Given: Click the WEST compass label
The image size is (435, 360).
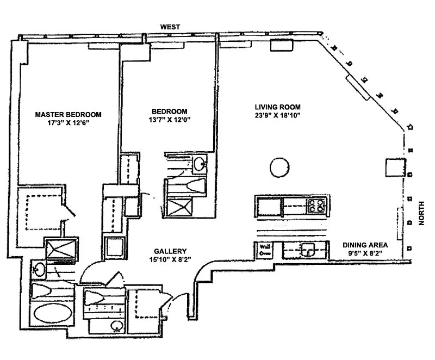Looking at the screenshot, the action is click(x=170, y=27).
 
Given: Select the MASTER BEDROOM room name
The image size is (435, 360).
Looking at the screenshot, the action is click(x=69, y=115).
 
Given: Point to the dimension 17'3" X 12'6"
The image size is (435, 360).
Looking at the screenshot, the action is click(x=69, y=123).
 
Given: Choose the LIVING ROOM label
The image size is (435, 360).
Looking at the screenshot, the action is click(x=278, y=107).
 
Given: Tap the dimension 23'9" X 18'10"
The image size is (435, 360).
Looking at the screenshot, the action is click(x=278, y=115).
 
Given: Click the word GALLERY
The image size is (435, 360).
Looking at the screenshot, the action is click(x=170, y=251).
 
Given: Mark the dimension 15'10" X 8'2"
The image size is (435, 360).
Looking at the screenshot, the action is click(x=170, y=259).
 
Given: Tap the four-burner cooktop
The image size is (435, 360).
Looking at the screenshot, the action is click(x=316, y=205).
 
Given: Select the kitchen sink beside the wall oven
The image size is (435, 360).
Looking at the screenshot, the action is click(x=307, y=250).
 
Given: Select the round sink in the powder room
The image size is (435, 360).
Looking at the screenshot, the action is click(x=116, y=326).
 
